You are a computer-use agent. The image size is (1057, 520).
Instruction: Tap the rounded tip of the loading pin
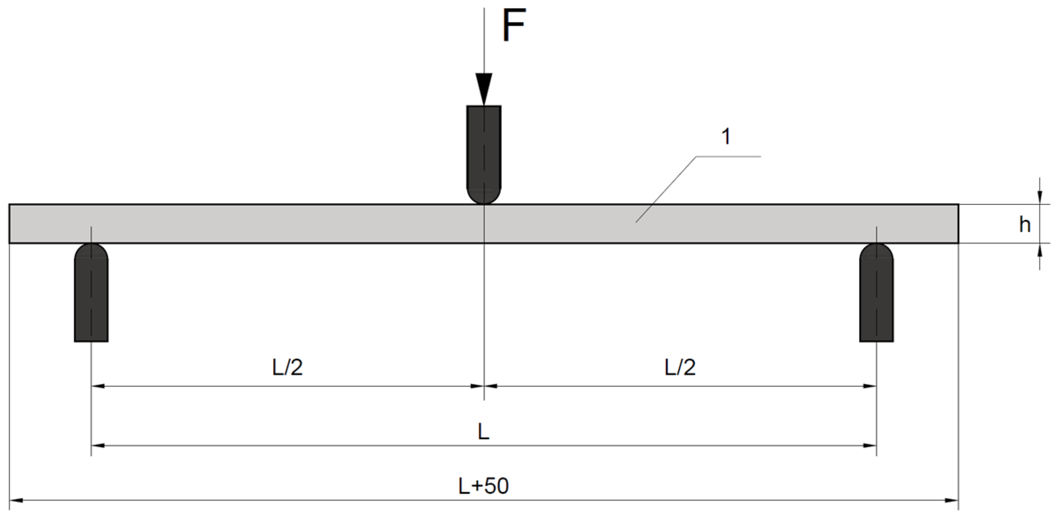pos(483,197)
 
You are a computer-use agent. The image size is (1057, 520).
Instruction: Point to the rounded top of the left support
pos(91,250)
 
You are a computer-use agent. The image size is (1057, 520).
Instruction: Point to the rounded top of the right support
pos(876,250)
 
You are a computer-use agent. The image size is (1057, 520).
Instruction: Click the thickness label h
pos(1025,225)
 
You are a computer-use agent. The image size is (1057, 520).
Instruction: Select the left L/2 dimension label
pos(288,368)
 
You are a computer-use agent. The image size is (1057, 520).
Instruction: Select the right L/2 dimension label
pos(680,368)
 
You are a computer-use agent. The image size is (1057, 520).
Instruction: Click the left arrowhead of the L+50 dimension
pos(16,500)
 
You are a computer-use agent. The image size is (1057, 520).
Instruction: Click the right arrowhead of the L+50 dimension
pos(952,500)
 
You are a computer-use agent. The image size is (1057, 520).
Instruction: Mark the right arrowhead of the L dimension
pos(870,446)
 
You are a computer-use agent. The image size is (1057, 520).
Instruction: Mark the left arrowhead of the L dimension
pos(97,446)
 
